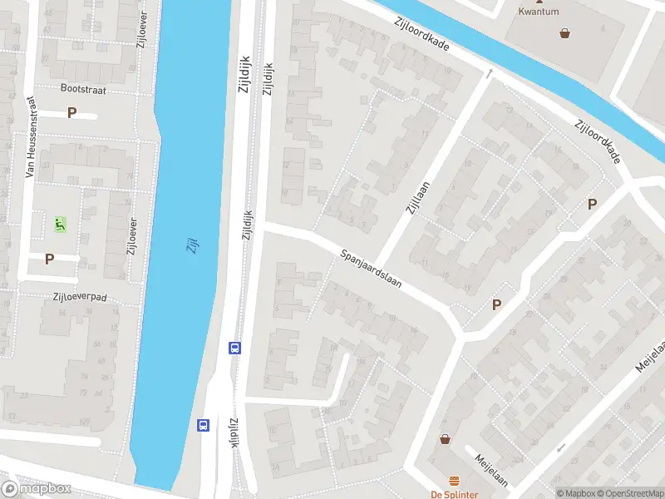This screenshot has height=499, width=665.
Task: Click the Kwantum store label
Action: [x=538, y=12]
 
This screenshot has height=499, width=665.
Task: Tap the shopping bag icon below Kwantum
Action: [x=565, y=33]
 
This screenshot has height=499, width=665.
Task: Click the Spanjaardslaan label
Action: [x=371, y=269]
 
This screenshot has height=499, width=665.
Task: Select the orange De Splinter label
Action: [x=454, y=494]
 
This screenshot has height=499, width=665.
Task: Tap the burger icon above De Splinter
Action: [x=454, y=481]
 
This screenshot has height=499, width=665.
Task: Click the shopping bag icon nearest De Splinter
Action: [x=445, y=439]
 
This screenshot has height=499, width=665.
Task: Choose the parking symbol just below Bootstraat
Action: [x=72, y=113]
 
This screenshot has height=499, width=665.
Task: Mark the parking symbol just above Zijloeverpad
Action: [x=49, y=259]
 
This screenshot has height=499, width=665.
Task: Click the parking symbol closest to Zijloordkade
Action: [x=592, y=204]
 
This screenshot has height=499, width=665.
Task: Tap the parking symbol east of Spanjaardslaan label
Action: [x=496, y=304]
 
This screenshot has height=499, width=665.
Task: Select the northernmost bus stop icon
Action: [x=235, y=348]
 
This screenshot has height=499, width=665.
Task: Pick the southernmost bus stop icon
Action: [x=204, y=425]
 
